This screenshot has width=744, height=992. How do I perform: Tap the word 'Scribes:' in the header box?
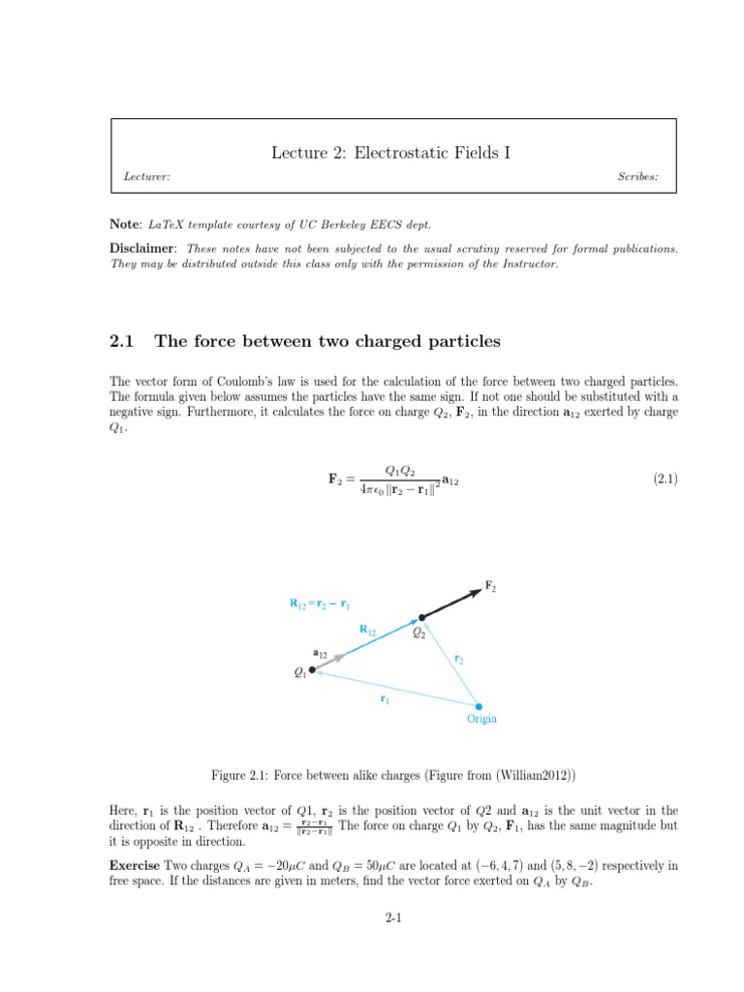pyautogui.click(x=637, y=177)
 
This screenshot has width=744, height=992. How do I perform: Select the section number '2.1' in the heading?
pyautogui.click(x=122, y=340)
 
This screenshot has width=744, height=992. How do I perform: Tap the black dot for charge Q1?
pyautogui.click(x=312, y=669)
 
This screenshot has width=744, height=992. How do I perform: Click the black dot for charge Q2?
pyautogui.click(x=420, y=617)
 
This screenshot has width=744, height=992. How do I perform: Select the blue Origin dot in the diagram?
pyautogui.click(x=479, y=706)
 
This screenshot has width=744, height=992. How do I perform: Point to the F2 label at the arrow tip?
pyautogui.click(x=491, y=585)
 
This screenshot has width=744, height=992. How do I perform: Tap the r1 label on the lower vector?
pyautogui.click(x=385, y=697)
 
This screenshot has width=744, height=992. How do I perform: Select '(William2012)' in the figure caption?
pyautogui.click(x=523, y=775)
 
